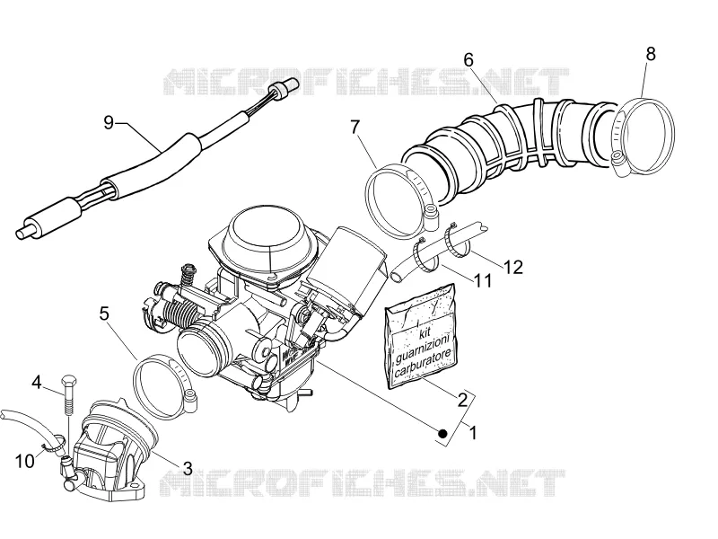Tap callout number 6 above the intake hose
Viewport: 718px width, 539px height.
468,60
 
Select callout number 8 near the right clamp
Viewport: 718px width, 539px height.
651,54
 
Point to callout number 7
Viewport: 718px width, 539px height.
355,128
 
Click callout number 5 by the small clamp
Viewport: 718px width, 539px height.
104,314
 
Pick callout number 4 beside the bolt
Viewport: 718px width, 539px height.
37,381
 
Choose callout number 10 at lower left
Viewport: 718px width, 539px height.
25,461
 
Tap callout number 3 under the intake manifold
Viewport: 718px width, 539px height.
188,468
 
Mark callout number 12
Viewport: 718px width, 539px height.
512,266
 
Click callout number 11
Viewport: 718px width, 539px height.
483,280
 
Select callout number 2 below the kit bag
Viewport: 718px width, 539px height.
462,400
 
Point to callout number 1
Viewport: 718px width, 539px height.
473,432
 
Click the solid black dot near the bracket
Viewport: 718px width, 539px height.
442,433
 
